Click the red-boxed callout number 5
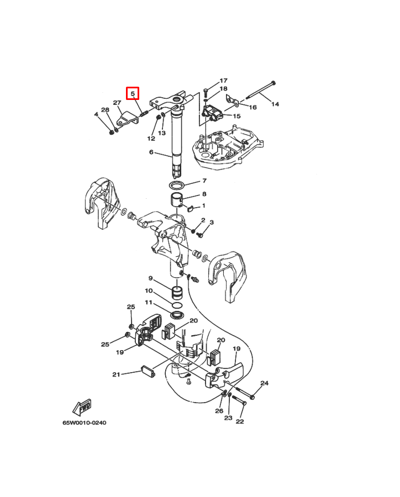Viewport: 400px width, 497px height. [133, 93]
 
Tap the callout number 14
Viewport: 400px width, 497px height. [275, 104]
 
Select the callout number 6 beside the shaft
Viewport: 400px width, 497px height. [151, 152]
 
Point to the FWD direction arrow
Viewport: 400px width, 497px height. [82, 407]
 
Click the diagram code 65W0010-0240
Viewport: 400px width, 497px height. [85, 422]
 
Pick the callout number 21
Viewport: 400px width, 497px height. [116, 374]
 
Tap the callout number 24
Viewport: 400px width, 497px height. [264, 383]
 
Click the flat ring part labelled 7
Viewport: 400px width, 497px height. [177, 185]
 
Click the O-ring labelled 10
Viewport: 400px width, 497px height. [177, 305]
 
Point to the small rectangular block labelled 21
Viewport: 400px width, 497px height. [148, 371]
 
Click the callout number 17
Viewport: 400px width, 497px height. [223, 81]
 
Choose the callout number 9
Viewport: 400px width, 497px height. [151, 278]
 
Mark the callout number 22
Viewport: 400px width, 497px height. [240, 421]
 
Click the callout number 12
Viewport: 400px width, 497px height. [151, 138]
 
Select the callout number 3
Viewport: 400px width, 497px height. [212, 222]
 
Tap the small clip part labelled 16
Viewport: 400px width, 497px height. [232, 99]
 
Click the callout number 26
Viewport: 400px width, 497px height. [219, 411]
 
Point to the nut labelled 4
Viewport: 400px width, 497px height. [112, 132]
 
